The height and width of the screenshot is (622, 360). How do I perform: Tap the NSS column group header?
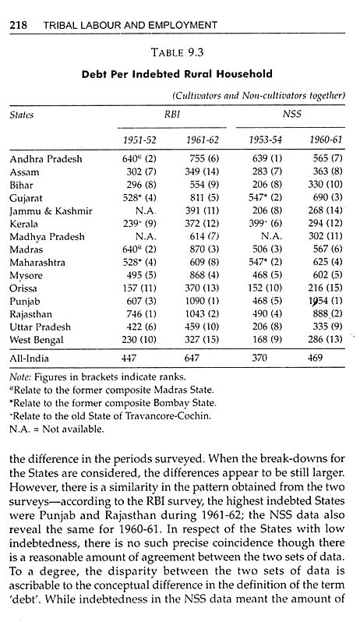click(x=295, y=113)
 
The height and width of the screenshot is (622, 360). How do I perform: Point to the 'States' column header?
click(x=23, y=113)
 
